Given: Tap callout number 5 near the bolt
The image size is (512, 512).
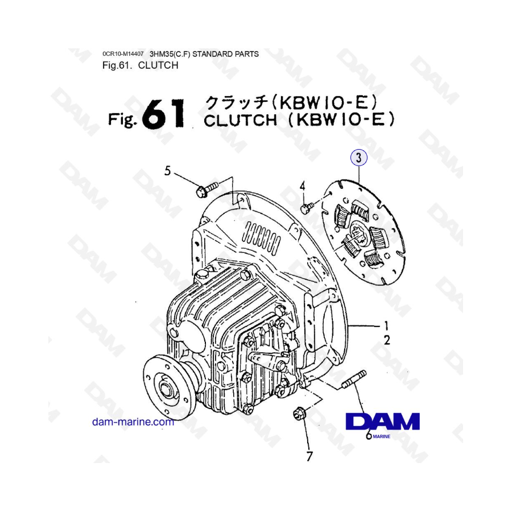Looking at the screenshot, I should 167,170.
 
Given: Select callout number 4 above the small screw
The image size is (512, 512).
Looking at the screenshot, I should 303,186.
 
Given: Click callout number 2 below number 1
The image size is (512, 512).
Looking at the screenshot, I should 386,341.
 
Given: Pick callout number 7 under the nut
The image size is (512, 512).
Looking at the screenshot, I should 309,455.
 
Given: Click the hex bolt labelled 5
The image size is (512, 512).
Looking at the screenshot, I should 206,189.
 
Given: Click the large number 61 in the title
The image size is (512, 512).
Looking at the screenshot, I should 164,114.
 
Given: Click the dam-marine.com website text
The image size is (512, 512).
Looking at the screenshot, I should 133,422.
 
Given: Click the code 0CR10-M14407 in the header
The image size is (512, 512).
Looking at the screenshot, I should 123,54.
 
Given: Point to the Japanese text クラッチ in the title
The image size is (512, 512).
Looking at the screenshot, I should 236,102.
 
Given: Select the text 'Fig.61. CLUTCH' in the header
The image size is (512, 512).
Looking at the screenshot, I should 140,65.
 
